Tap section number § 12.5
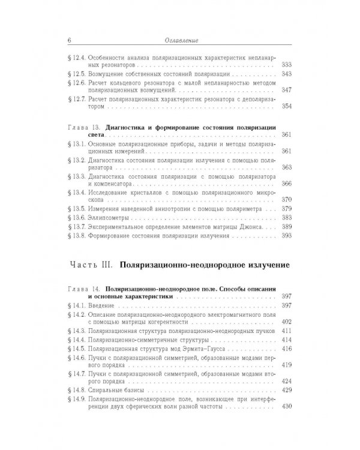[74, 73]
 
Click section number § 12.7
[74, 98]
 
